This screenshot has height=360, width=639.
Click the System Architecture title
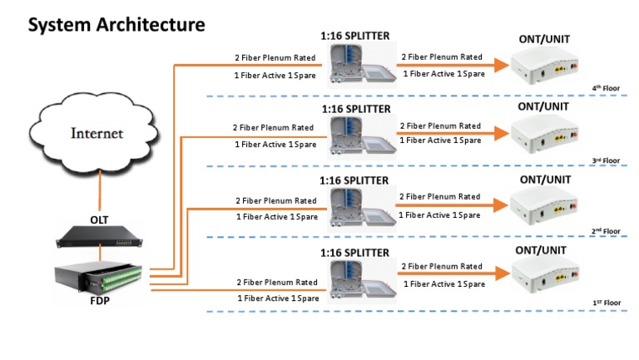[x=116, y=24]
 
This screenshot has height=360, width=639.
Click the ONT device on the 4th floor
[x=546, y=64]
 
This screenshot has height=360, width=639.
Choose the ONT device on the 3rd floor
[x=546, y=135]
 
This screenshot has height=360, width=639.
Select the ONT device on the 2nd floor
[x=546, y=207]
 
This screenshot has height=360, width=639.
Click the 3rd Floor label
[x=606, y=160]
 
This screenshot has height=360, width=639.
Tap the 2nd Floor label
[x=606, y=231]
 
